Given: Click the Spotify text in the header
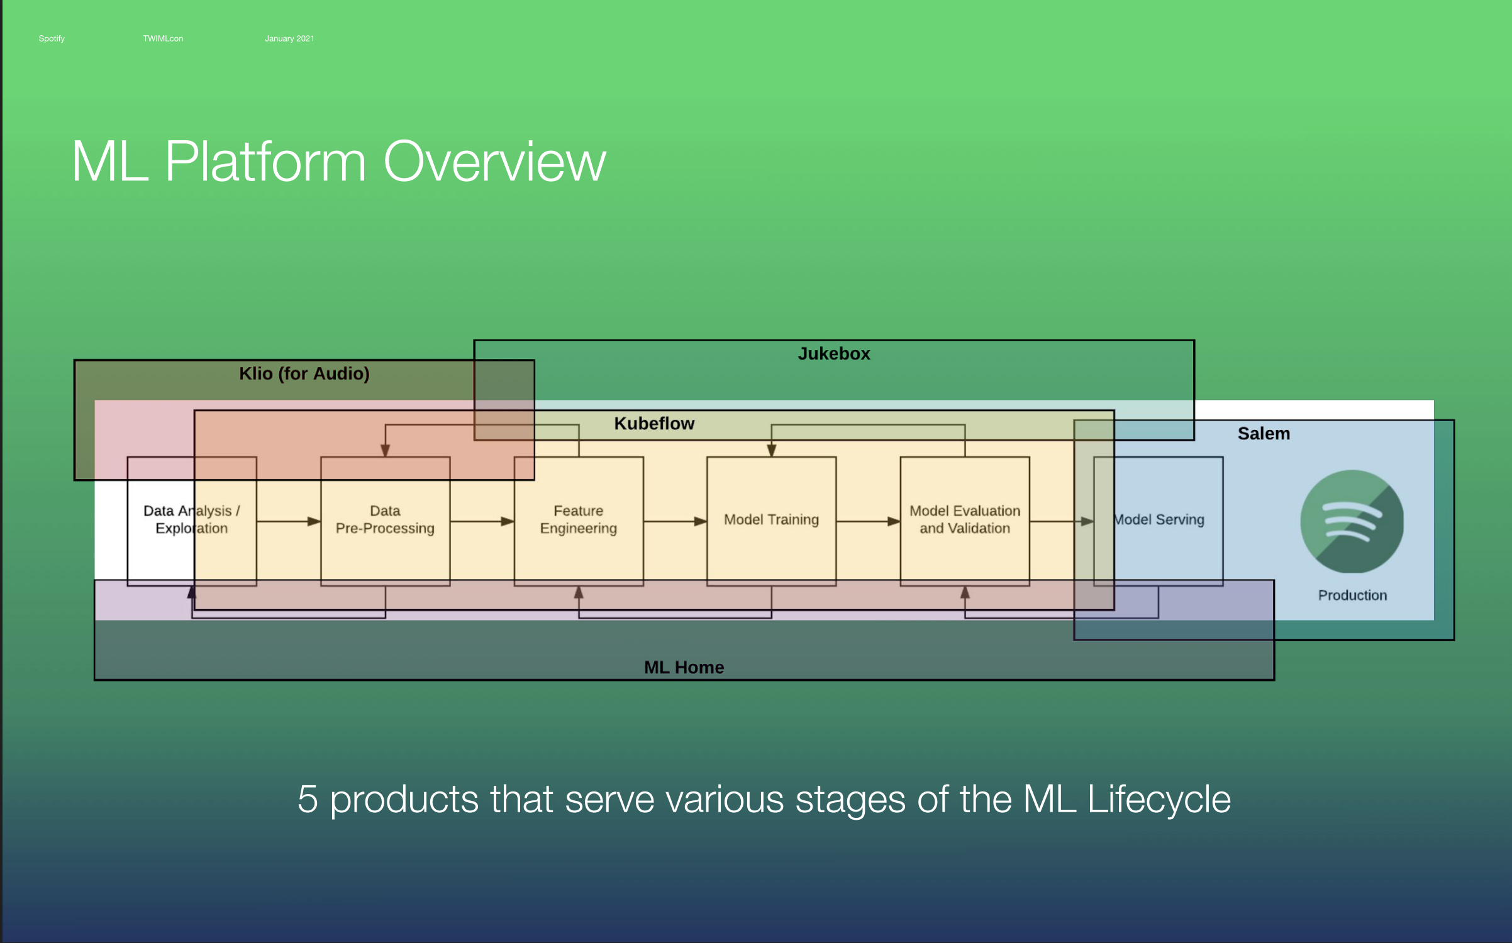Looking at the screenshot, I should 52,38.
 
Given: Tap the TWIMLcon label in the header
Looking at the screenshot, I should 163,38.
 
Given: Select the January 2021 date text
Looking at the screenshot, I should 289,38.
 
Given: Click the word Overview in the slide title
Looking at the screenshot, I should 494,162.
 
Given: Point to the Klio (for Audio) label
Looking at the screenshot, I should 304,373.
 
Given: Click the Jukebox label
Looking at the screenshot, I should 833,354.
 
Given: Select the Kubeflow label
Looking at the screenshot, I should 654,424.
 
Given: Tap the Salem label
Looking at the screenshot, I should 1264,434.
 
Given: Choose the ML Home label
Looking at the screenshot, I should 684,667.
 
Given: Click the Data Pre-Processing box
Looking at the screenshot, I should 385,520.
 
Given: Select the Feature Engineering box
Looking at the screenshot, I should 578,520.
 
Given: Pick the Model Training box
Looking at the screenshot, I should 771,520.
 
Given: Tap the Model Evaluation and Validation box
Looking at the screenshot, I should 965,520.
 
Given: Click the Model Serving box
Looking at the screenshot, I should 1159,520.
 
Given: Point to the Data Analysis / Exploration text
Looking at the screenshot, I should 191,520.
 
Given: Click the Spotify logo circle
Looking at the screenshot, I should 1352,521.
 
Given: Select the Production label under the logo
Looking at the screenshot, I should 1352,595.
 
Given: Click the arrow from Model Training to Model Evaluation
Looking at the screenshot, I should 868,521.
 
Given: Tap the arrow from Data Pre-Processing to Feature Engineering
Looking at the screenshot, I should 482,521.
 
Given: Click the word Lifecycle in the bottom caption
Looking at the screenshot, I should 1159,800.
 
